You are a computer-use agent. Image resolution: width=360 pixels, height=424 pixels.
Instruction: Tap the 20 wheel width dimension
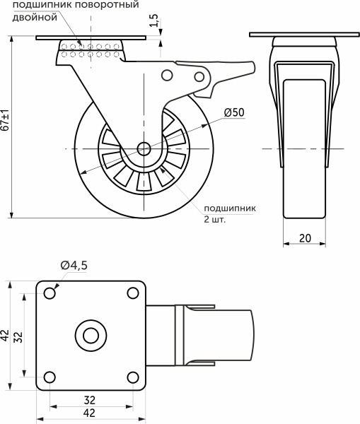coord(305,238)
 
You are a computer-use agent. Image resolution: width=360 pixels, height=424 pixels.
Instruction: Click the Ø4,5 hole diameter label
coord(74,265)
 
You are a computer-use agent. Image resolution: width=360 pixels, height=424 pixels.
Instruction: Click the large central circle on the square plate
coord(91,334)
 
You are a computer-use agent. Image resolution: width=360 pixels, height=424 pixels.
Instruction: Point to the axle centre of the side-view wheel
coord(144,149)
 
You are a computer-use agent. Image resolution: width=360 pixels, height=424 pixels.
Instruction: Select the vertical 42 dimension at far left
coord(5,334)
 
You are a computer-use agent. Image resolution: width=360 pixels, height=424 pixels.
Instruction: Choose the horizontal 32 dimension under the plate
coord(91,399)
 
